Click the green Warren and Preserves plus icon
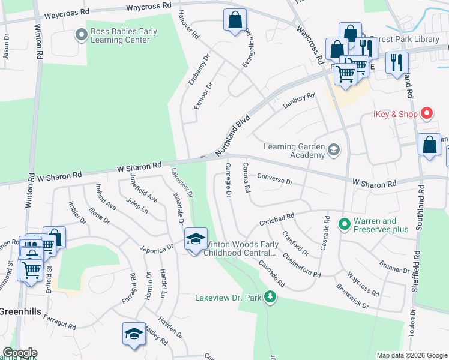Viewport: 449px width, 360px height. point(344,225)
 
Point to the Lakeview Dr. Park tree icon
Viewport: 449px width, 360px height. point(271,297)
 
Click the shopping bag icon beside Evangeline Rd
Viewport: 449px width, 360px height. point(235,19)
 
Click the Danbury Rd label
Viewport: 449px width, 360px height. point(298,101)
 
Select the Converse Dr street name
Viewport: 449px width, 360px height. point(274,179)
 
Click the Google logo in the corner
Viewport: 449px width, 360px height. point(19,353)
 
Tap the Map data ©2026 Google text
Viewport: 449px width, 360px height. point(411,355)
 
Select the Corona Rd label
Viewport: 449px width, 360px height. point(246,177)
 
